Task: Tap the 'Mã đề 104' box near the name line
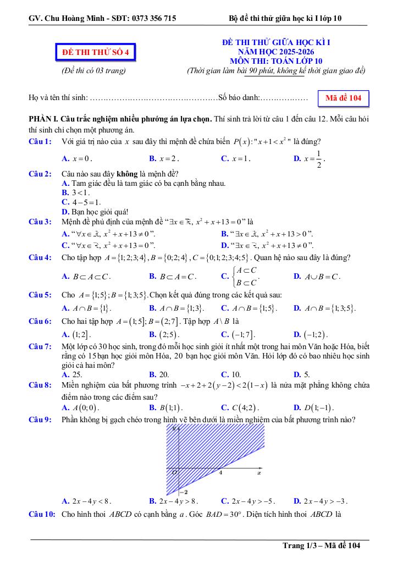[x=343, y=98]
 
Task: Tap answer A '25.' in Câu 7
[x=73, y=374]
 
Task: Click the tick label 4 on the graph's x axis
[x=220, y=472]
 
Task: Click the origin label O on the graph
[x=174, y=472]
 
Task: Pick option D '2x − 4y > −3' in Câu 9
[x=320, y=501]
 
